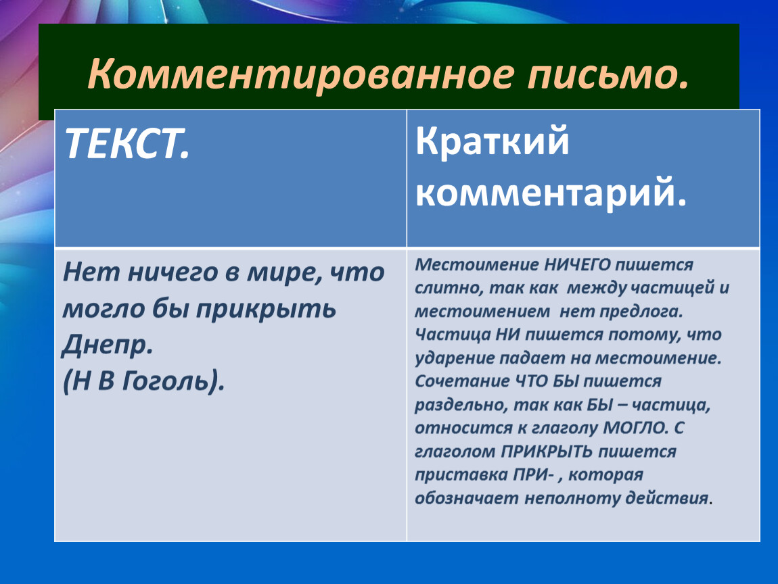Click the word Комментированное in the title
300,74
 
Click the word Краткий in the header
493,141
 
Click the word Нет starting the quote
91,272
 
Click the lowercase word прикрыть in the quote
265,310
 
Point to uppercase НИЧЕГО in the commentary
577,265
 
